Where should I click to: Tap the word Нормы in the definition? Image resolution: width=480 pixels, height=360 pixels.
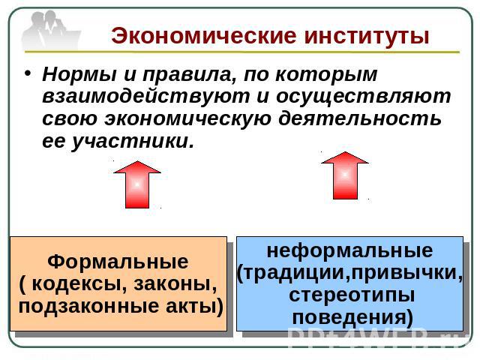pyautogui.click(x=79, y=74)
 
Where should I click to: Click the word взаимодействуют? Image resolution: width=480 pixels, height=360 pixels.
pyautogui.click(x=146, y=97)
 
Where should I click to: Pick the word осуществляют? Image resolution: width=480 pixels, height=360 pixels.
pyautogui.click(x=364, y=97)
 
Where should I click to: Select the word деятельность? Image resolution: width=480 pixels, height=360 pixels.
pyautogui.click(x=360, y=118)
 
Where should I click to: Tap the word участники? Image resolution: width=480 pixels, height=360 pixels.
pyautogui.click(x=133, y=142)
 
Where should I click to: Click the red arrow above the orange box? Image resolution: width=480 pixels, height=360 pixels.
pyautogui.click(x=137, y=184)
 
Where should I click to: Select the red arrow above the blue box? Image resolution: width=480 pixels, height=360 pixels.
pyautogui.click(x=345, y=175)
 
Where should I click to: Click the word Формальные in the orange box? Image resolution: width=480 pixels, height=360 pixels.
pyautogui.click(x=118, y=262)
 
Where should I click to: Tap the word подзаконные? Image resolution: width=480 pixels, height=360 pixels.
pyautogui.click(x=88, y=307)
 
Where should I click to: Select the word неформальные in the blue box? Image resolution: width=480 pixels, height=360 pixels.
pyautogui.click(x=350, y=250)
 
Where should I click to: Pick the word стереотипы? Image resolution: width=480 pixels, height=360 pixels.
pyautogui.click(x=352, y=295)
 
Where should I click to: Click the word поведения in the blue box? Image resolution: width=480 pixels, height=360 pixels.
pyautogui.click(x=352, y=317)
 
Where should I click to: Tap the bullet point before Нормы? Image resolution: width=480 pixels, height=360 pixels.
pyautogui.click(x=28, y=73)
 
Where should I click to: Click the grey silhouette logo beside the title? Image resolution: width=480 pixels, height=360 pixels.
pyautogui.click(x=50, y=30)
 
